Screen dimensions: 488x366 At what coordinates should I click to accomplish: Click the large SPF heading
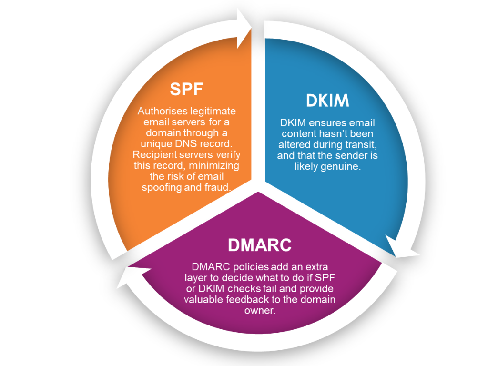coord(186,89)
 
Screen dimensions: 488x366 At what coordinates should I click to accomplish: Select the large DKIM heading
coord(327,101)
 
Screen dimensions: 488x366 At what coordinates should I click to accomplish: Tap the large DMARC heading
coord(260,245)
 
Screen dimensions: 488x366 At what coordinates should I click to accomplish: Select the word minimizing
coord(214,165)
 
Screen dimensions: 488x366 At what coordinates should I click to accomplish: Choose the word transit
coord(362,145)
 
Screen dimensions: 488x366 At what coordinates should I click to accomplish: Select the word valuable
coord(203,299)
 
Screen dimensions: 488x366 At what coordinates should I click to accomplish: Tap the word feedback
coord(247,299)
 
